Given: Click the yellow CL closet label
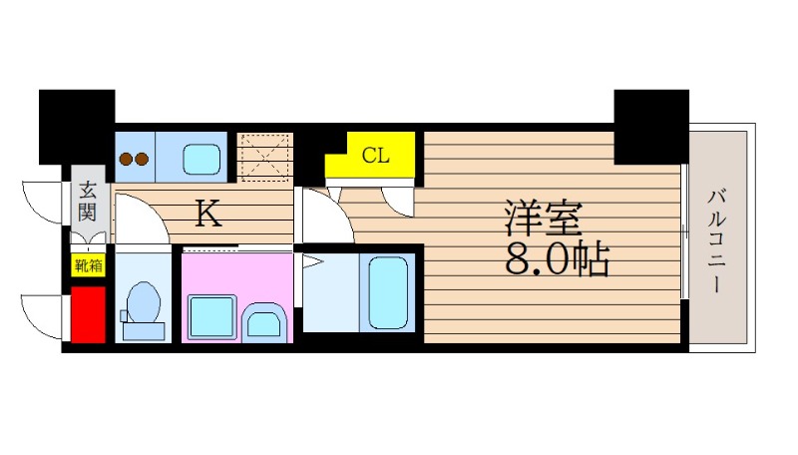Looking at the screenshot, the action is click(376, 155).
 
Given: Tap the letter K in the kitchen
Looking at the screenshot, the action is click(208, 214).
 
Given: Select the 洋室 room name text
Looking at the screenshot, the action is click(543, 219).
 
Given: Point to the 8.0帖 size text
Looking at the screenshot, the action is click(558, 258).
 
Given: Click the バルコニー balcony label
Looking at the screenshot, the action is click(716, 240).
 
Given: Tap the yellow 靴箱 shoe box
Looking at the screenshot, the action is click(88, 264).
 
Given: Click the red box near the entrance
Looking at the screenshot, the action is click(88, 314).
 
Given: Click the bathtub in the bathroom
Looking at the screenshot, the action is click(388, 292).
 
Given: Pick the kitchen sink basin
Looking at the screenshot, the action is click(201, 159).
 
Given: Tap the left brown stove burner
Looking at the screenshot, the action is click(126, 160).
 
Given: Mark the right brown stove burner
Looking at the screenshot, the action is click(142, 160).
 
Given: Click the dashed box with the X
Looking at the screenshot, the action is click(265, 158).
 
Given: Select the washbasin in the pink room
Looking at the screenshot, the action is click(264, 322).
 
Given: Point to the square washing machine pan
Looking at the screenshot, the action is click(212, 317).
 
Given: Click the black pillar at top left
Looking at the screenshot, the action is click(77, 127).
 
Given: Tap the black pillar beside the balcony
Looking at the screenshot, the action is click(651, 127).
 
